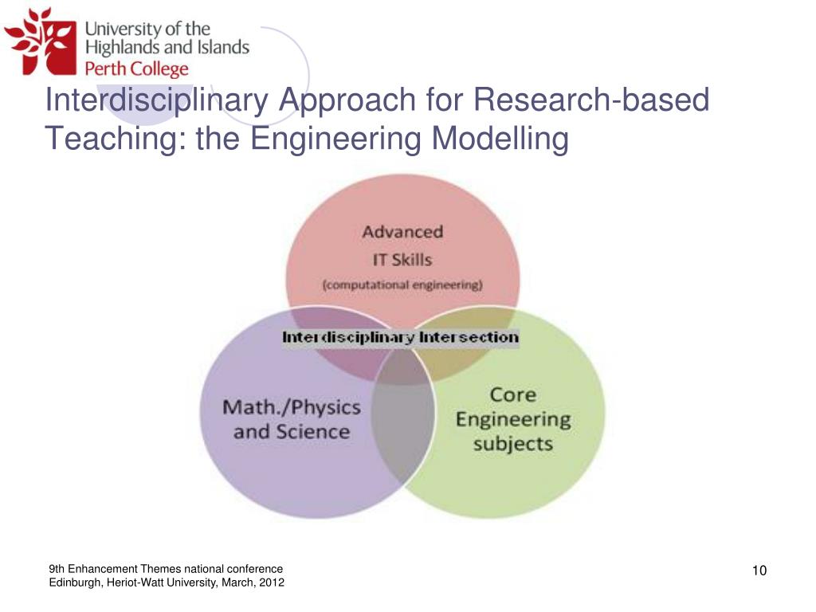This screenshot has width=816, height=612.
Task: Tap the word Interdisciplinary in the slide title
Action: (x=151, y=101)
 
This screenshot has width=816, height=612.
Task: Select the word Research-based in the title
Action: (x=590, y=101)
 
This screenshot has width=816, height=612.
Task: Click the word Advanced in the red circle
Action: (x=402, y=232)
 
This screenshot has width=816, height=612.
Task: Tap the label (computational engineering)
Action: (x=402, y=284)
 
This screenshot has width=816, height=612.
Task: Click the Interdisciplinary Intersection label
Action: (x=400, y=337)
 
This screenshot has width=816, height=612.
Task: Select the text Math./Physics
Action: (x=292, y=407)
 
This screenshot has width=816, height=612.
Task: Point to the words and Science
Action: (x=292, y=432)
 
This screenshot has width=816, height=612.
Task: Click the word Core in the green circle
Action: (x=512, y=394)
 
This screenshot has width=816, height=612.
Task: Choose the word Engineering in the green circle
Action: (x=512, y=419)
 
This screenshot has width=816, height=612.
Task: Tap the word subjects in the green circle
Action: (x=512, y=443)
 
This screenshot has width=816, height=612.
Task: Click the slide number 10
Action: (x=759, y=570)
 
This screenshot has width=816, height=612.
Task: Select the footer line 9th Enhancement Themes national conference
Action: (x=166, y=569)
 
